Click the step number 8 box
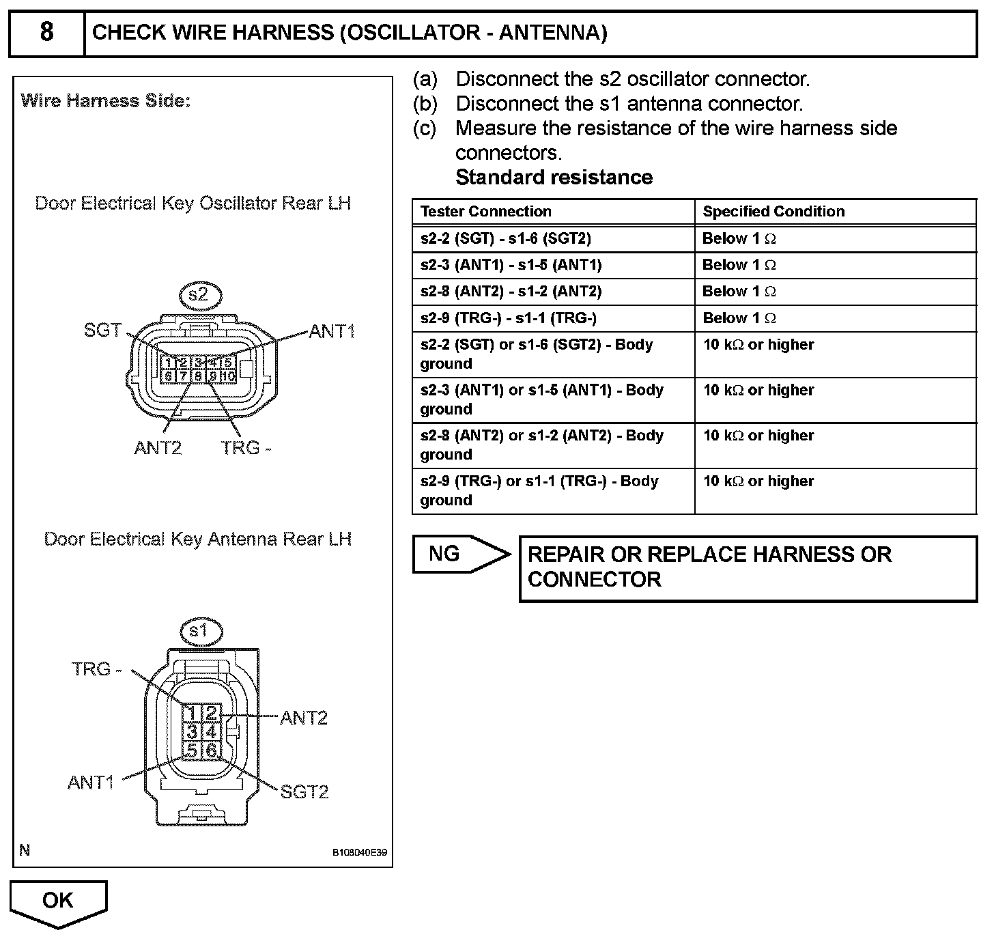[x=46, y=33]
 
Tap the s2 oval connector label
[x=198, y=295]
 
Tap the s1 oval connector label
[x=198, y=631]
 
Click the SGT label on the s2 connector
[x=102, y=331]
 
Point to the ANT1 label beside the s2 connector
[x=332, y=332]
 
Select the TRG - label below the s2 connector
[x=246, y=448]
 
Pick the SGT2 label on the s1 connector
[x=304, y=791]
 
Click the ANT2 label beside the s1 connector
[x=304, y=718]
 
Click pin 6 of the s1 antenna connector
[x=211, y=751]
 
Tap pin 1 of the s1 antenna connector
[x=193, y=714]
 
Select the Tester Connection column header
[x=485, y=212]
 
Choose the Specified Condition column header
[x=773, y=212]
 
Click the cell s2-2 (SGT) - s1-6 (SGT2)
[x=506, y=238]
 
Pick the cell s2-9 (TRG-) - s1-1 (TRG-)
[x=509, y=318]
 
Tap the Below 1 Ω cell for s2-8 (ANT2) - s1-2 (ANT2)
[x=739, y=292]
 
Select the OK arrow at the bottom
[x=58, y=901]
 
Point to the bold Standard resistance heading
[x=554, y=178]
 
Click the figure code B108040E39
[x=360, y=853]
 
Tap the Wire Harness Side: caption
[x=106, y=102]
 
